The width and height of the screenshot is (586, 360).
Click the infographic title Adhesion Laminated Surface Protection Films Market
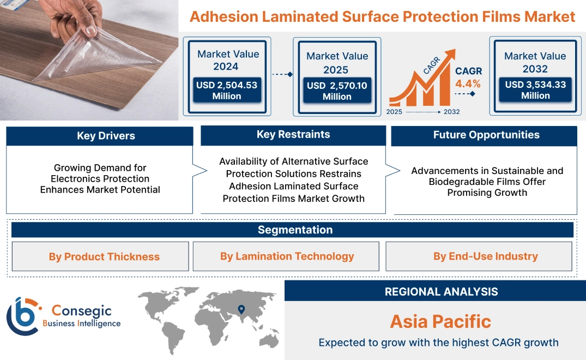pos(382,16)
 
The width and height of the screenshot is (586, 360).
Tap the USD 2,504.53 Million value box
pos(226,91)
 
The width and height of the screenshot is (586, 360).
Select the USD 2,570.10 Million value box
pos(337,91)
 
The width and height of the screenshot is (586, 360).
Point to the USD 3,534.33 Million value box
pos(535,90)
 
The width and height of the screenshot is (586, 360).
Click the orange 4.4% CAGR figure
pos(468,83)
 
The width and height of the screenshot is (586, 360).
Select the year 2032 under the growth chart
pos(451,112)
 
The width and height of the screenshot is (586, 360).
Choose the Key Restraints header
pos(293,135)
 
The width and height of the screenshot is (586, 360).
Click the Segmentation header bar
pos(295,230)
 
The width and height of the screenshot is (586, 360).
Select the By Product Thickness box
pos(104,256)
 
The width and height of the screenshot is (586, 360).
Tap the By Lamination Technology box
pos(287,256)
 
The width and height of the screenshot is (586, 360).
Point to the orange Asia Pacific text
pos(440,321)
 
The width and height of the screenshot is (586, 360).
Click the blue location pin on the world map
pos(241,310)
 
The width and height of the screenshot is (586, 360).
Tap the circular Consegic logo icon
pos(23,316)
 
